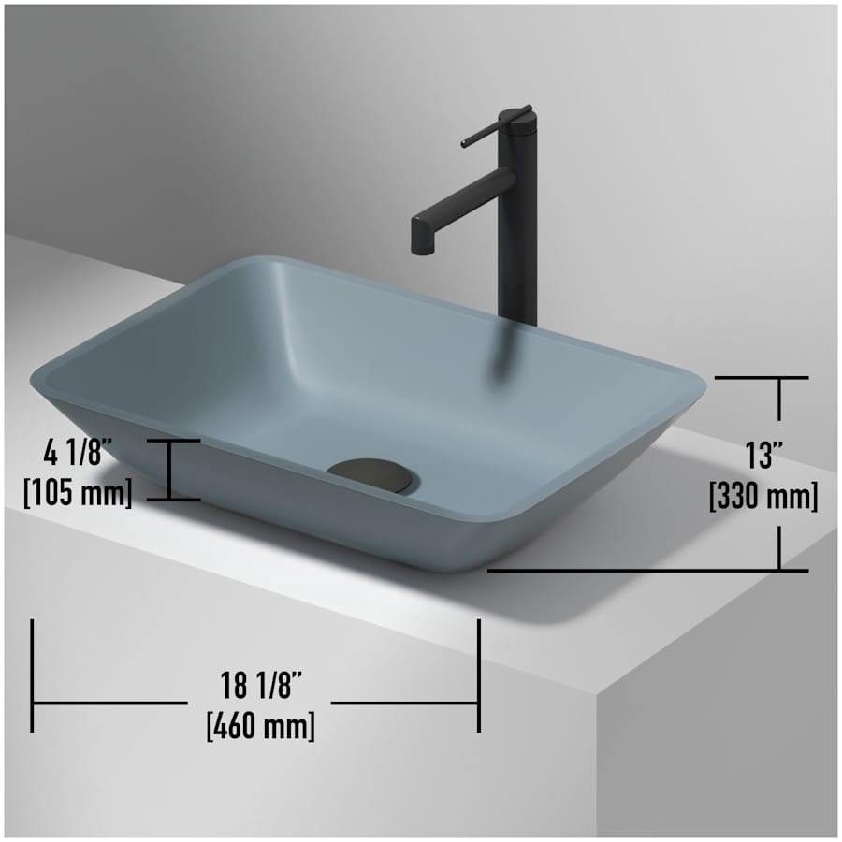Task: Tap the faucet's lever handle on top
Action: point(494,126)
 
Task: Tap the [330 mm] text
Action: point(763,496)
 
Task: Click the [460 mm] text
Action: point(261,725)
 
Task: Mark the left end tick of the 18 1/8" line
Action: point(33,675)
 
